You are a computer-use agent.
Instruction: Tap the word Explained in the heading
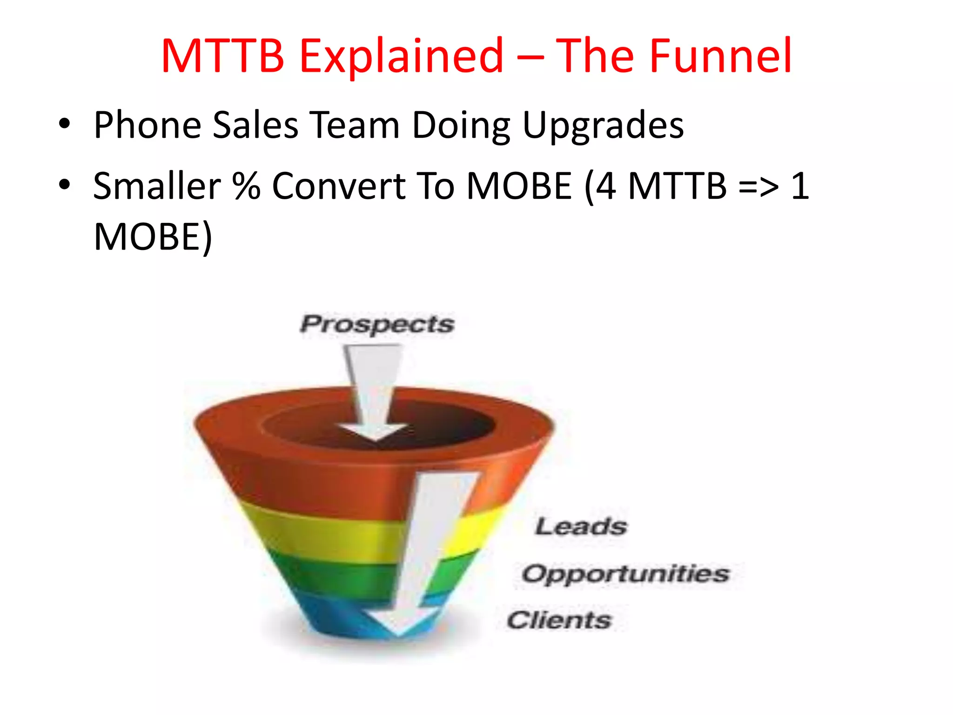(401, 57)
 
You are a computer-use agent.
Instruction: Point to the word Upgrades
(603, 126)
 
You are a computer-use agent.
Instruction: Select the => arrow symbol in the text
(758, 186)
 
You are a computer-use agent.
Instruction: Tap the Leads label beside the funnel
(581, 526)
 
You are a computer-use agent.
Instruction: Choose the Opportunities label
(625, 573)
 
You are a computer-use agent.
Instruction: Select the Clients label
(558, 620)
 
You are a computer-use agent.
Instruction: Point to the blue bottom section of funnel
(335, 614)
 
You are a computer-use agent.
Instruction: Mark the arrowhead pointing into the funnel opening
(373, 432)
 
